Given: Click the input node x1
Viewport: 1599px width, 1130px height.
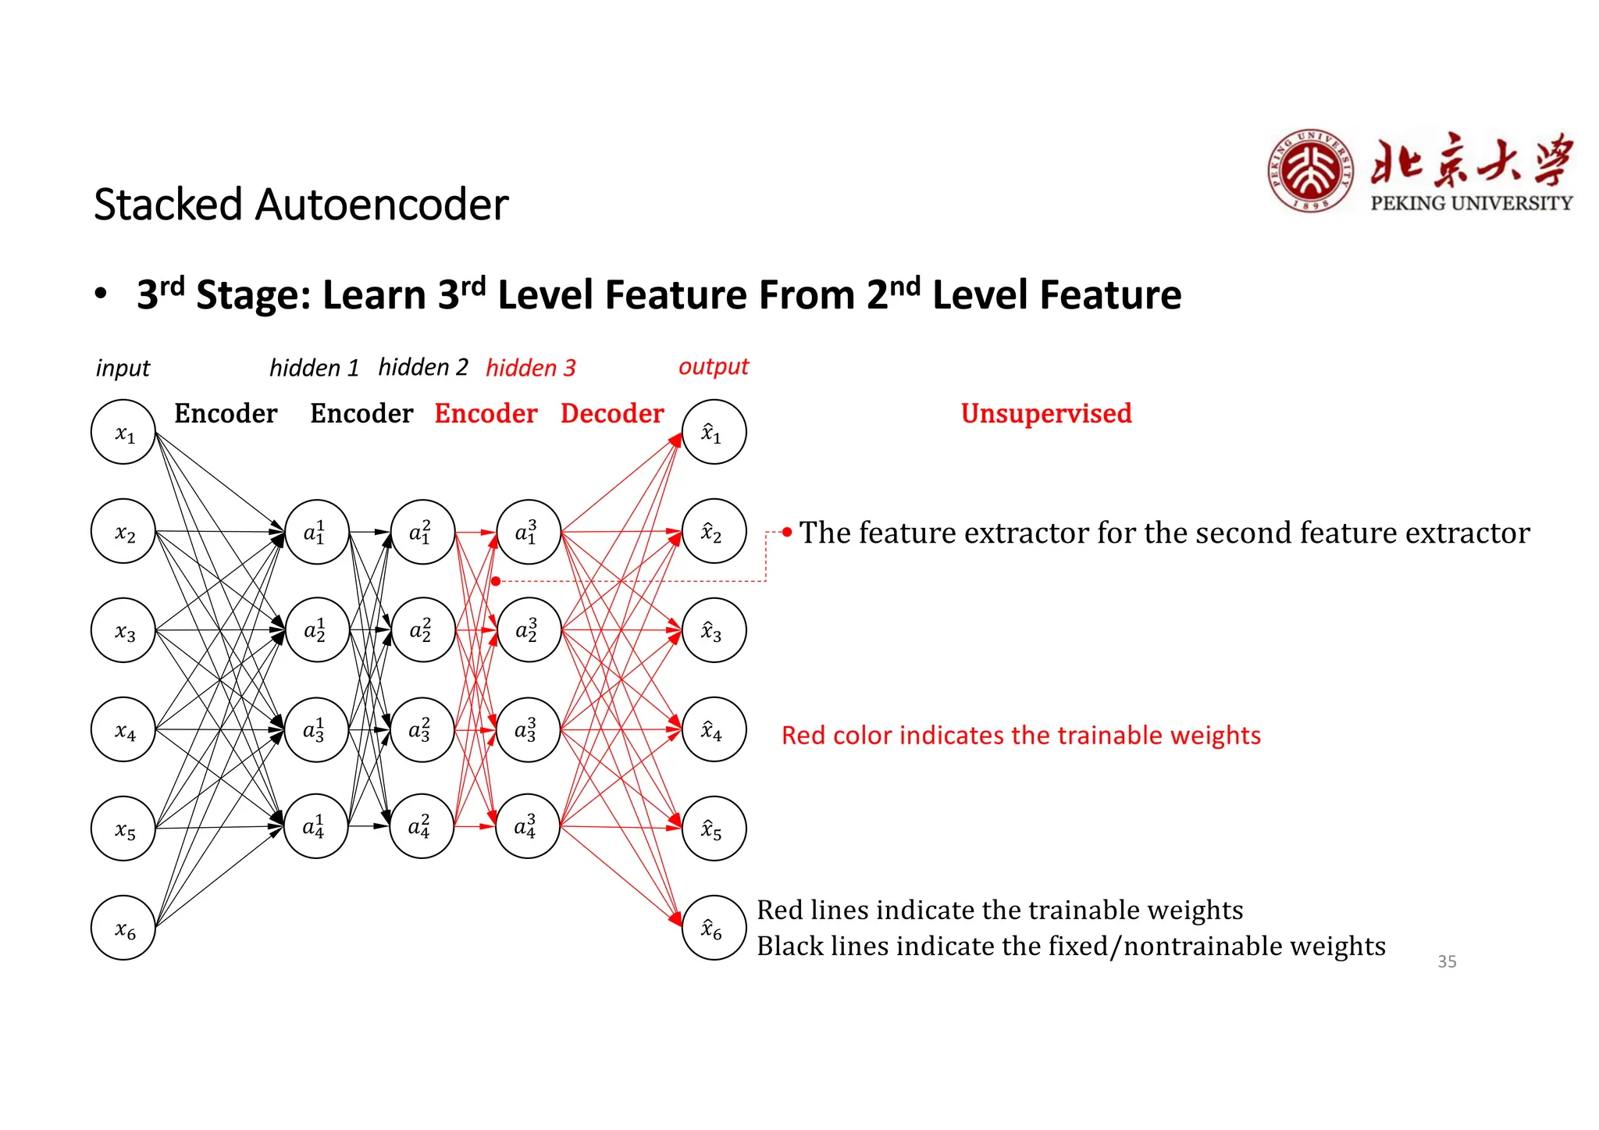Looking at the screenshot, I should tap(123, 432).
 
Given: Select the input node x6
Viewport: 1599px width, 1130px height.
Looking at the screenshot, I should tap(123, 928).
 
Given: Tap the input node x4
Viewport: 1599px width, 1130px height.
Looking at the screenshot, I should tap(123, 729).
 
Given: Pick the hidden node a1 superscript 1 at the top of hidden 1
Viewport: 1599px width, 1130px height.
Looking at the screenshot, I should tap(316, 532).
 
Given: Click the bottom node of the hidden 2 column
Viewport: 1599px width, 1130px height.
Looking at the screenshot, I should tap(422, 826).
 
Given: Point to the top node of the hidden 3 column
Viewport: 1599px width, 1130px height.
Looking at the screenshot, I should tap(529, 532).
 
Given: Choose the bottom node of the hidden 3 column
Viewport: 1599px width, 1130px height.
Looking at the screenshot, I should tap(528, 826).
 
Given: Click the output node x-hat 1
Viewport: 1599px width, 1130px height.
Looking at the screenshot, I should tap(714, 432).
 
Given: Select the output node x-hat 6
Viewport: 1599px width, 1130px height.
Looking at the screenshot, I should tap(714, 928).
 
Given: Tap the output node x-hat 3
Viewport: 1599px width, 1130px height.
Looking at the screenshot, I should tap(714, 630).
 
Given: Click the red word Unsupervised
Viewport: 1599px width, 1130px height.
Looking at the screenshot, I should tap(1045, 413).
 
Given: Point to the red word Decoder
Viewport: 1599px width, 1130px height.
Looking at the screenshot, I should tap(612, 413).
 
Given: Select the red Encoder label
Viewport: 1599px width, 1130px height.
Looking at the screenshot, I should tap(486, 413).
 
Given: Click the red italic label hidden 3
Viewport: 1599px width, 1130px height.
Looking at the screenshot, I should tap(530, 368).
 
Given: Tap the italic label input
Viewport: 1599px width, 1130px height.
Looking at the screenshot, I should tap(123, 368).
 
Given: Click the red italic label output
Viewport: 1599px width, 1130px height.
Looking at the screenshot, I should tap(713, 366).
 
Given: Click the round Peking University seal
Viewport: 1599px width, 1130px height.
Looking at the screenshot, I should tap(1311, 171).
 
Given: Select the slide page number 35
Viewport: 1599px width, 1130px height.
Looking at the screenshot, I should tap(1447, 961).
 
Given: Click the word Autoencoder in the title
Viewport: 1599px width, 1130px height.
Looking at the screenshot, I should tap(382, 205).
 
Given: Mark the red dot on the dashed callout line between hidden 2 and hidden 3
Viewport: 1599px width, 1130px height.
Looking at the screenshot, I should tap(496, 581).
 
